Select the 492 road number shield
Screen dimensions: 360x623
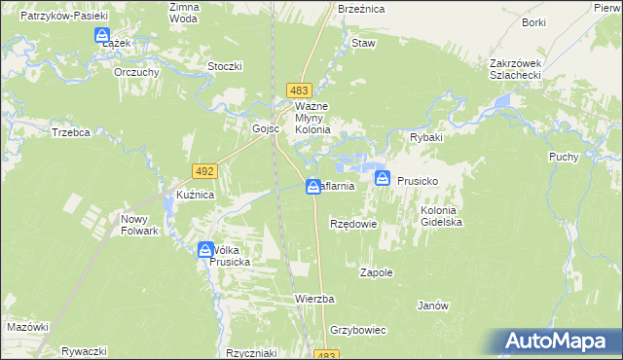(x=204, y=170)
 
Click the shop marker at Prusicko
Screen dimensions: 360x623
(x=383, y=178)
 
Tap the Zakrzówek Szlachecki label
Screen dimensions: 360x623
(x=521, y=70)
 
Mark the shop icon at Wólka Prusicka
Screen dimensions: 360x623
(x=207, y=250)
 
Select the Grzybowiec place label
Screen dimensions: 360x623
(x=358, y=330)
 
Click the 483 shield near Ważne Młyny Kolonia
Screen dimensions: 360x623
(x=300, y=90)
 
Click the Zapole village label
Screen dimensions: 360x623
(x=377, y=272)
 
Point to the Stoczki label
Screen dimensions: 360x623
(x=224, y=66)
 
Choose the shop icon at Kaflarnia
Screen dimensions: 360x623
(x=313, y=186)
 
